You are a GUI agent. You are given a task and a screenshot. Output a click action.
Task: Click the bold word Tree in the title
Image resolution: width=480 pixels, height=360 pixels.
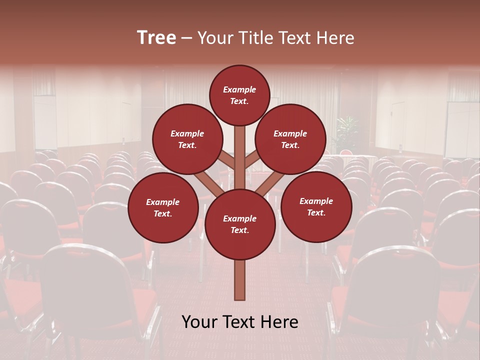point(156,38)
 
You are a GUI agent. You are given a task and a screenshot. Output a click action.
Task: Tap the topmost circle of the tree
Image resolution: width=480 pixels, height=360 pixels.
point(239,95)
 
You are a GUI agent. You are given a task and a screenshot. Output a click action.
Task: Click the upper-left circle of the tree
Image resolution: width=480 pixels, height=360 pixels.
point(187,139)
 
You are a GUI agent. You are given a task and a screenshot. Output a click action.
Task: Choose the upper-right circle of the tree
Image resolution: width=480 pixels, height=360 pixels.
point(290,139)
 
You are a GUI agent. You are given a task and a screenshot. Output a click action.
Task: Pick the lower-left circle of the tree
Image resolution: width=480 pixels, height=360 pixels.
point(163,207)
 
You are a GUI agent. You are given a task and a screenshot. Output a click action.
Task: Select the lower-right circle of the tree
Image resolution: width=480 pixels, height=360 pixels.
point(316,206)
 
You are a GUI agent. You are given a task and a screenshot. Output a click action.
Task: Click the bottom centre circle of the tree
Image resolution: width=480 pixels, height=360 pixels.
point(240,224)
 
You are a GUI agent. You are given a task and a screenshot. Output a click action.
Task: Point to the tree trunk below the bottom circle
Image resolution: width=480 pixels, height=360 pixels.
point(240,280)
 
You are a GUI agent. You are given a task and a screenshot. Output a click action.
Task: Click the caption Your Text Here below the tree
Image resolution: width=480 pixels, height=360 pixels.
point(240,322)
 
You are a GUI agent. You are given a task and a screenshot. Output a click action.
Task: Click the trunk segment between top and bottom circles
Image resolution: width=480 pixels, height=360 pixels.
point(240,157)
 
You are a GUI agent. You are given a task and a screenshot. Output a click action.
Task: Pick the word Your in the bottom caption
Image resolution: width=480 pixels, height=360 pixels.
point(198,322)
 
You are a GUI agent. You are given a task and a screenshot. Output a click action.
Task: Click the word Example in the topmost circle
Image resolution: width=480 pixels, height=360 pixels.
point(239,89)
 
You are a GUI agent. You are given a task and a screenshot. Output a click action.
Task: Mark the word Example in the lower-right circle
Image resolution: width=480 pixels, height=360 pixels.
point(316,201)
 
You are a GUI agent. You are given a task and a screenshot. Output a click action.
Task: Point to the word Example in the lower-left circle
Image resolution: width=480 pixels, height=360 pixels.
point(162,202)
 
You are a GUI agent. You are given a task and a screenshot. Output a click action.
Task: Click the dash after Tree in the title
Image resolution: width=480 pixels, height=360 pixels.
point(186,38)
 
